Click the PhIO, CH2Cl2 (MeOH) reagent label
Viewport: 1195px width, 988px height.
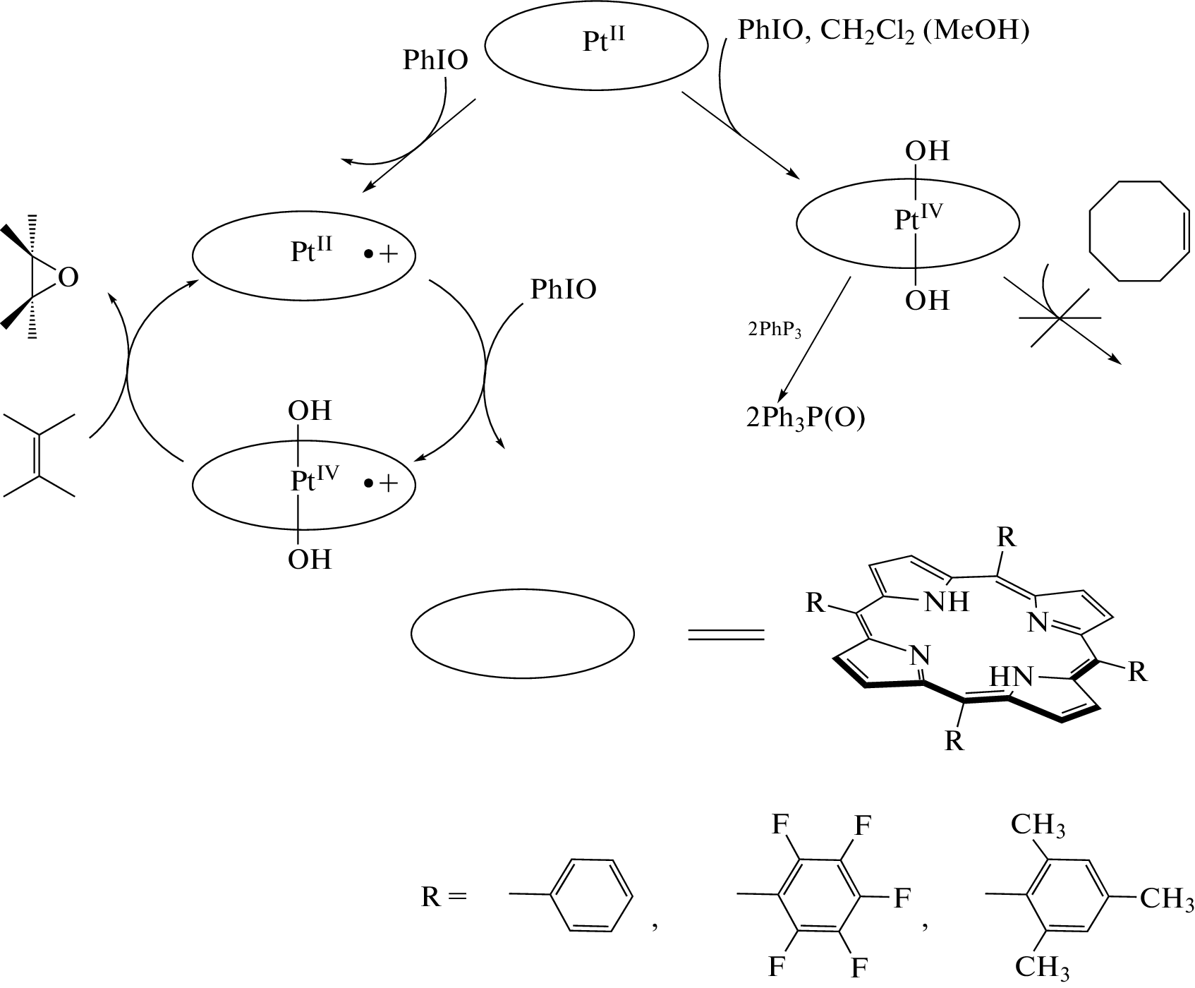[x=882, y=32]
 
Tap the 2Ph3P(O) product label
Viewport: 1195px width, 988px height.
[x=806, y=418]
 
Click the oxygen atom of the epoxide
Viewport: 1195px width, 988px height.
[x=68, y=278]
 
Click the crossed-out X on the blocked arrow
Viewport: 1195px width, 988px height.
[x=1060, y=318]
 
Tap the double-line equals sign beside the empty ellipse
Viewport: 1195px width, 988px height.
[x=726, y=634]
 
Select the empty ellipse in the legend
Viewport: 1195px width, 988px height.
[x=523, y=633]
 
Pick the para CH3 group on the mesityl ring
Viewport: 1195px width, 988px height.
[x=1167, y=899]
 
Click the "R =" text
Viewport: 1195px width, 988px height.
[x=444, y=897]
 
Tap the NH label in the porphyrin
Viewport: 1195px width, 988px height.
[x=946, y=602]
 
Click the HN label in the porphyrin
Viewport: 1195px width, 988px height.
[x=1011, y=677]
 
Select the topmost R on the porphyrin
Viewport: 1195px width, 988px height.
[x=1007, y=538]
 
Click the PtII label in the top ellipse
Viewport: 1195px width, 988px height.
[x=604, y=41]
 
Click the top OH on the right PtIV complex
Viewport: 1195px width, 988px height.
[x=927, y=151]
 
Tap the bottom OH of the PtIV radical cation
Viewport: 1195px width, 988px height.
[x=309, y=560]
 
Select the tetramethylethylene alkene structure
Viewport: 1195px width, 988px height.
[x=40, y=456]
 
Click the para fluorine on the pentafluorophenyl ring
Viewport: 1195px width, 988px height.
[x=902, y=898]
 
